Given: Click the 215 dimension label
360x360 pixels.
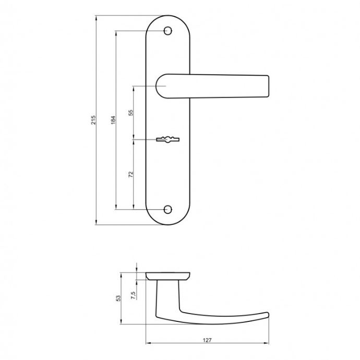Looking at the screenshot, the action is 93,120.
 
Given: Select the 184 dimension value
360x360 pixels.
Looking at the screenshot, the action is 113,120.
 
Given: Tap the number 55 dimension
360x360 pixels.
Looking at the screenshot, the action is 130,113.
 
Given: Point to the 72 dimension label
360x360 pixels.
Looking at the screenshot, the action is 130,174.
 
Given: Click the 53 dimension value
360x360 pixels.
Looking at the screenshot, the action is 118,298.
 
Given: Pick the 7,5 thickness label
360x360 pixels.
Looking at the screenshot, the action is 133,295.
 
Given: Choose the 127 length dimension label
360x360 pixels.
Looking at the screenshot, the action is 207,340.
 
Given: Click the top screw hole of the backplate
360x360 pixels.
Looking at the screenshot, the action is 168,31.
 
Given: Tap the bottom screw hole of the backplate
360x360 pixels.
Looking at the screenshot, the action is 168,209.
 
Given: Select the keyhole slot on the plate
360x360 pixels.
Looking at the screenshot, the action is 167,139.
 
